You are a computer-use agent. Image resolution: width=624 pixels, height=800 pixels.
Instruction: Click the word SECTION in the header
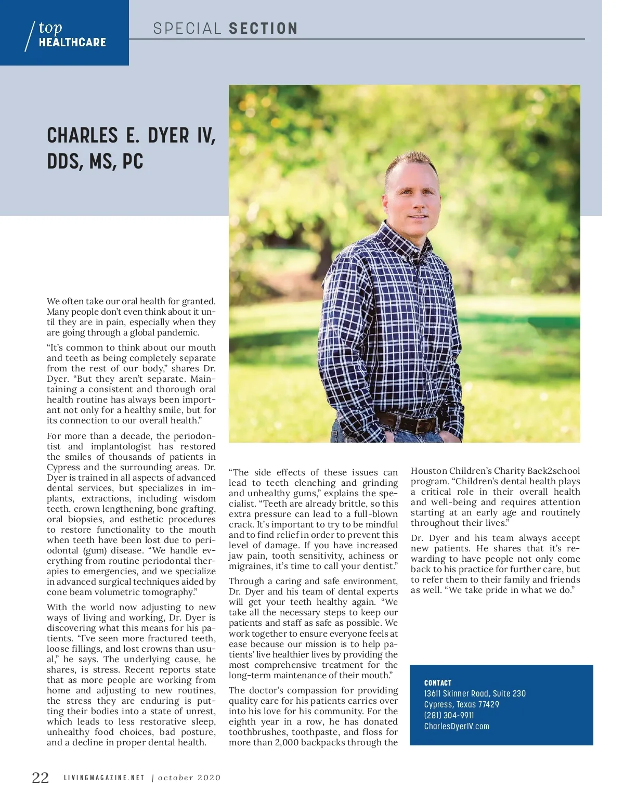(263, 29)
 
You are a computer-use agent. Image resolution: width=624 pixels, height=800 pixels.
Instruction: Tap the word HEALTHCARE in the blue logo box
(72, 43)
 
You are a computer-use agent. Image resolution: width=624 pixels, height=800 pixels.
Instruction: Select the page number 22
(41, 778)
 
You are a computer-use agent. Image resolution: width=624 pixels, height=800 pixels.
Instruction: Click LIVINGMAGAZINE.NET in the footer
(104, 778)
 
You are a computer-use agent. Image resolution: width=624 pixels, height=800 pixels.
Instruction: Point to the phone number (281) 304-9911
(449, 716)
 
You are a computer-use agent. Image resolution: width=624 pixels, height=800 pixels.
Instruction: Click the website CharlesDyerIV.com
(457, 727)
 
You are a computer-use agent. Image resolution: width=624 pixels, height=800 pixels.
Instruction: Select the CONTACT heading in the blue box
(438, 683)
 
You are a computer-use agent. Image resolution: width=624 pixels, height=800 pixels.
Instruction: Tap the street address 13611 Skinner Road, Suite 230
(475, 694)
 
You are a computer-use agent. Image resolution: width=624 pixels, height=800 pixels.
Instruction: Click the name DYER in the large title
(168, 136)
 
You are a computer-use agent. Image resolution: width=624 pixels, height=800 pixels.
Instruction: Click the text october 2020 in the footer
(189, 778)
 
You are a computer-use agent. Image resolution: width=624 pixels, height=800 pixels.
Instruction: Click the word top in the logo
(50, 28)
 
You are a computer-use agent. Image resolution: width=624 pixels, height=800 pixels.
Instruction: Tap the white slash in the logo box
(30, 36)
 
